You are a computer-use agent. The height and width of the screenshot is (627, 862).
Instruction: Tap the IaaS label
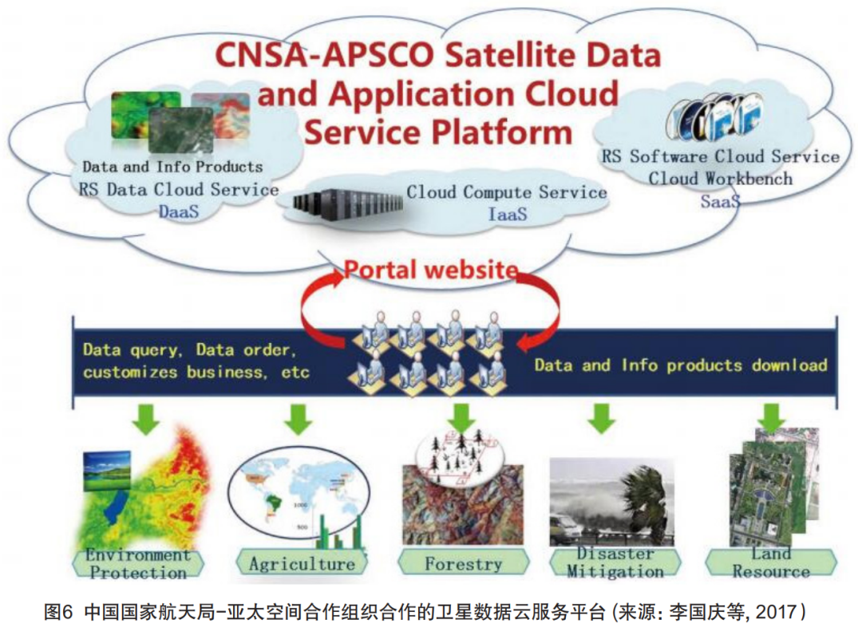507,213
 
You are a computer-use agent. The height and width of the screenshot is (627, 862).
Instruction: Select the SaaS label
720,201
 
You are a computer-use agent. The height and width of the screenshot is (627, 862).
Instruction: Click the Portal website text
431,270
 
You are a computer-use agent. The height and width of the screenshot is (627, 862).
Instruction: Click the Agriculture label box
301,563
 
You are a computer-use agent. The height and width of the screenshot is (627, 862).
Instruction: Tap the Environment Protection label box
138,563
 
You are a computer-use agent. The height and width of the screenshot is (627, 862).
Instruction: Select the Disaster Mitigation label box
614,562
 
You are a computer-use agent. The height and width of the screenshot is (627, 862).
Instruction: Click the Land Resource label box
770,562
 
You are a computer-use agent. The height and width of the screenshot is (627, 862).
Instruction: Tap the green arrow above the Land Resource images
771,418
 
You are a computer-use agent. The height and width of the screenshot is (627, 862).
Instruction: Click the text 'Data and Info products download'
680,365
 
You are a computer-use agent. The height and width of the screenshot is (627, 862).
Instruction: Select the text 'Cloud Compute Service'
507,192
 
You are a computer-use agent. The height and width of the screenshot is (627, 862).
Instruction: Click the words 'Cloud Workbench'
720,178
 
